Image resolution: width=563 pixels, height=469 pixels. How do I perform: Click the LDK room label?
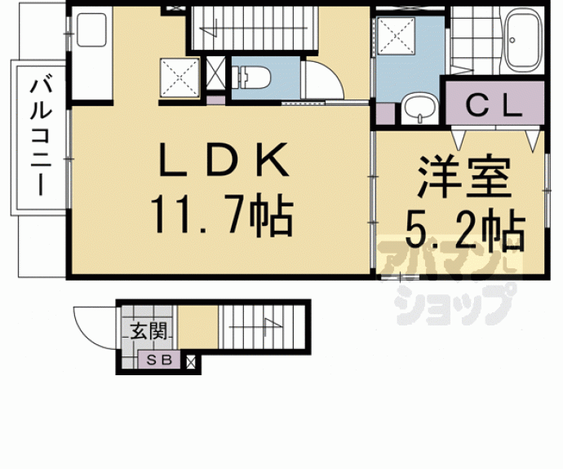(x=224, y=159)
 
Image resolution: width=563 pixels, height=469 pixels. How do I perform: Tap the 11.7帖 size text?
(x=222, y=215)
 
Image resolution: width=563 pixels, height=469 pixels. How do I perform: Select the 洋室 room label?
(x=464, y=177)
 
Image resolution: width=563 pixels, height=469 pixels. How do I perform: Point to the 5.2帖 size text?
(x=466, y=230)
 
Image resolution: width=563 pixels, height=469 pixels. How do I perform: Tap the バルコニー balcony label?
(x=41, y=137)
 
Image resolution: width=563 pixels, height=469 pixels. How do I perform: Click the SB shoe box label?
(x=160, y=360)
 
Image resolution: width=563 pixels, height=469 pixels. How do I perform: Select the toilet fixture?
(x=251, y=77)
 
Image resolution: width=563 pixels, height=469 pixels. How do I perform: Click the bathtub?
(x=524, y=39)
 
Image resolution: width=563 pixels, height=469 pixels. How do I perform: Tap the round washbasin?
(x=419, y=108)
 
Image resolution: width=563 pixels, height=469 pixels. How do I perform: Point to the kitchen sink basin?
(x=91, y=30)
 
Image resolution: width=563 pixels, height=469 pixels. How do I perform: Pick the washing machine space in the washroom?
(x=396, y=36)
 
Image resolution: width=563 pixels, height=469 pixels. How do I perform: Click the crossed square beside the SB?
(x=191, y=362)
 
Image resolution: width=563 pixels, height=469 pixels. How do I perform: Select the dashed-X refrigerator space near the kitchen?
(x=180, y=77)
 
